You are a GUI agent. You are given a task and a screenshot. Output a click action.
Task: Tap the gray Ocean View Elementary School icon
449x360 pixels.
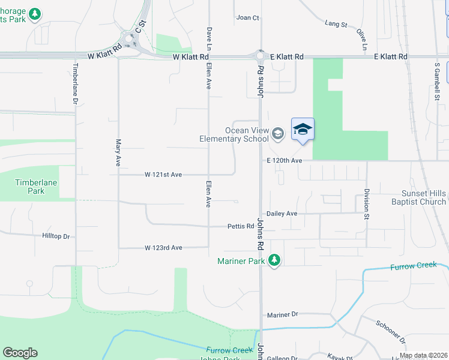pos(277,133)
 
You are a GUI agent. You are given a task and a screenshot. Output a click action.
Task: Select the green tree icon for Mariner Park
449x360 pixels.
pos(274,260)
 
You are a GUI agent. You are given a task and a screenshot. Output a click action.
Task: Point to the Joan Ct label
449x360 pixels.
pos(247,18)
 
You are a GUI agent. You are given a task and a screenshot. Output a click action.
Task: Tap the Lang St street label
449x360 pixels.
pos(336,24)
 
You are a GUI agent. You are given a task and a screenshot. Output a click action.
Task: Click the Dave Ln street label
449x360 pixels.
pos(209,37)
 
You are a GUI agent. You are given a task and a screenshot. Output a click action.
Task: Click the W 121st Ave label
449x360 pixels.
pos(163,175)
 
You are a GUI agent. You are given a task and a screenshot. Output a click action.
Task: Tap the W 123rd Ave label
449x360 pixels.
pos(163,248)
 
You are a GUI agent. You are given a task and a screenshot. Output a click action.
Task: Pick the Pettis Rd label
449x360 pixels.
pos(241,227)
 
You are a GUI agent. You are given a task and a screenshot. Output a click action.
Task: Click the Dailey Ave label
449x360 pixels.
pos(282,214)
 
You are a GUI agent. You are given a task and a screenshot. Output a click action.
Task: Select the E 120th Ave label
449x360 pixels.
pos(285,161)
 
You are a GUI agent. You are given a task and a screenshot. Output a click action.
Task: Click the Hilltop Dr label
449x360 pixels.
pos(56,237)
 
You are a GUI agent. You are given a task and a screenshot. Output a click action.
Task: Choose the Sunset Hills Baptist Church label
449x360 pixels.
pos(424,197)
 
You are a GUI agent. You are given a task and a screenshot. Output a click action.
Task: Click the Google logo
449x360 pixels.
pos(20,353)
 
